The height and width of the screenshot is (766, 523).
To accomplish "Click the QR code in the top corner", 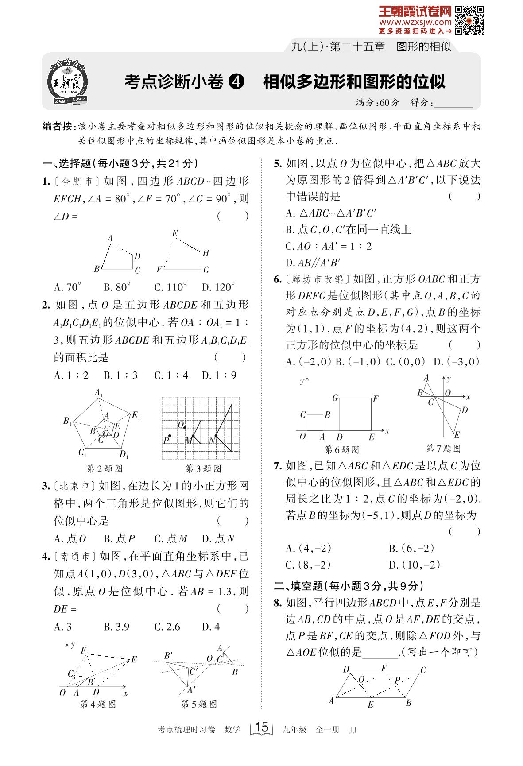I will pos(469,20).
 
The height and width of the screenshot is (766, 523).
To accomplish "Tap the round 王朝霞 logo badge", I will pos(67,83).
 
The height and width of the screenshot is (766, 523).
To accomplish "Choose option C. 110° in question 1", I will pos(170,287).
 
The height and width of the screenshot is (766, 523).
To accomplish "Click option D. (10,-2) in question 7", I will pos(414,565).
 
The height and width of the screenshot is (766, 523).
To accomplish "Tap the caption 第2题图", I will pos(104,468).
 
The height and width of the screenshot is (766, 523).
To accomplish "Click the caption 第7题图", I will pos(443,449).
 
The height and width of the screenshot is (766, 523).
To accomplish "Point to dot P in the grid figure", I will pos(170,436).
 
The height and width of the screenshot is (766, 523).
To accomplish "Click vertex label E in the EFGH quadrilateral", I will pos(175,233).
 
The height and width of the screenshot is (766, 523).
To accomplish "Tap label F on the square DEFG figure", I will pos(375,399).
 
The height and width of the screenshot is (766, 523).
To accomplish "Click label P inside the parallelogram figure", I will pos(397,681).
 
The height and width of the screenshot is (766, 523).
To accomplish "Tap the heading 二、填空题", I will pos(298,586).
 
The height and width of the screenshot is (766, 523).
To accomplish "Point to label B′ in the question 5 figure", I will pos(168,656).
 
